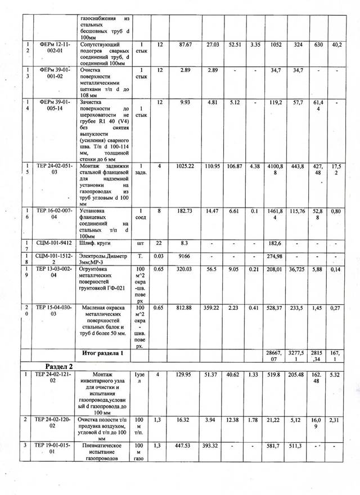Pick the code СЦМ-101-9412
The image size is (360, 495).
tap(55, 244)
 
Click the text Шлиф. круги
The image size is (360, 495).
tap(98, 244)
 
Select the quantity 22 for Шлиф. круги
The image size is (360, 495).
tap(159, 244)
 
